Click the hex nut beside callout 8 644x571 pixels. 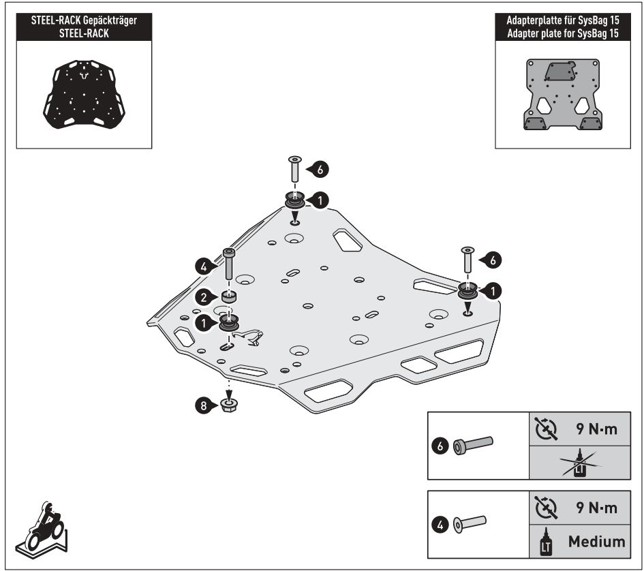pos(230,407)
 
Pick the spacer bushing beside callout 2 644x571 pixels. pos(230,297)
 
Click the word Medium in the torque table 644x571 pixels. pos(596,542)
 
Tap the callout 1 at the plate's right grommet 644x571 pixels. pos(492,290)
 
